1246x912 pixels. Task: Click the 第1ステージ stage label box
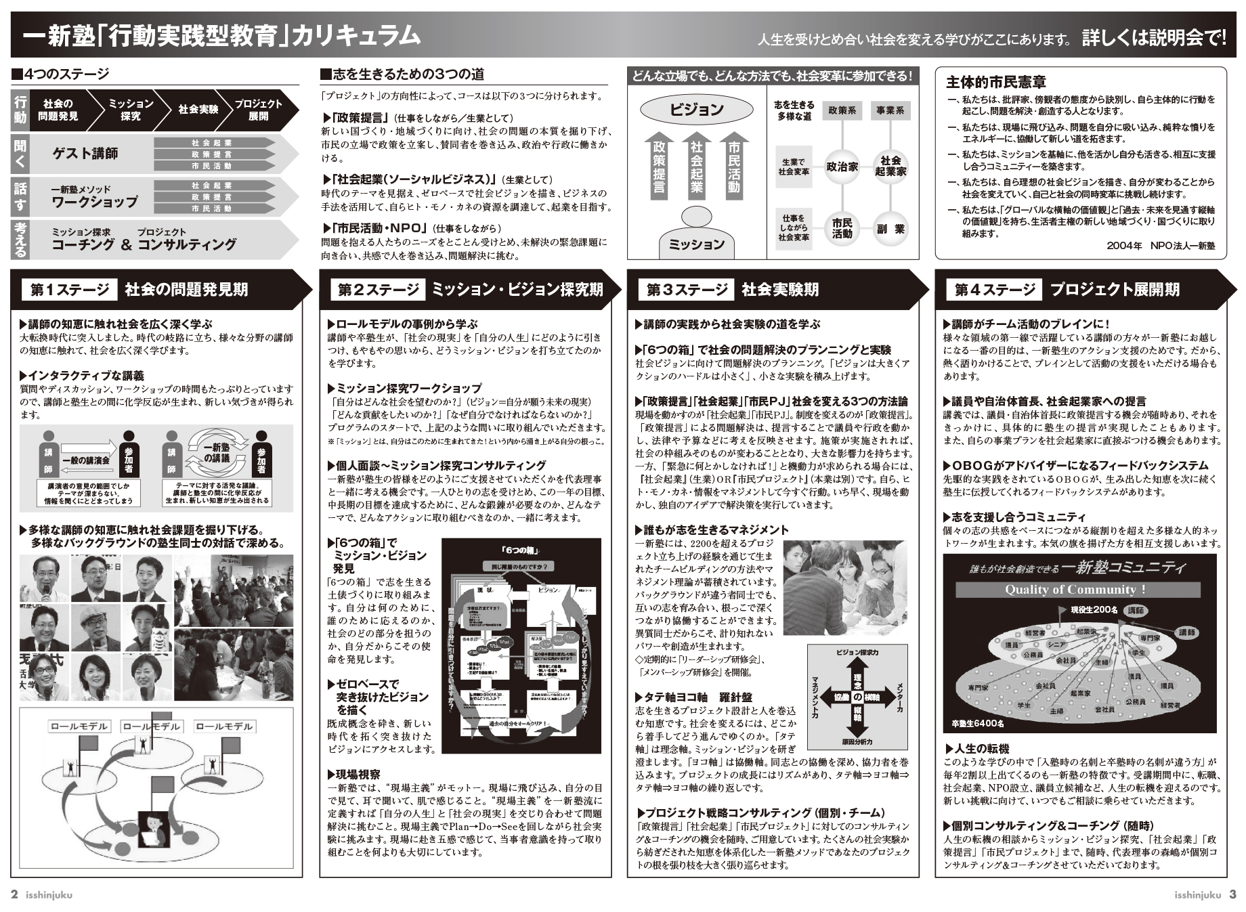(x=69, y=290)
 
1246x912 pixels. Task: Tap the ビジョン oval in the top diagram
(x=697, y=110)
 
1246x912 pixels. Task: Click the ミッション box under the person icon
(x=696, y=244)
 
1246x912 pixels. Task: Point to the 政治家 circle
(x=842, y=166)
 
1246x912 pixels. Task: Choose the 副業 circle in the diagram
(x=890, y=229)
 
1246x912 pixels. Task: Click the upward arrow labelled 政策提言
(x=658, y=166)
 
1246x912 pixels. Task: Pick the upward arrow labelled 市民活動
(x=734, y=166)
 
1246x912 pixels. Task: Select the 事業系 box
(x=890, y=110)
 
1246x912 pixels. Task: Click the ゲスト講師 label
(x=85, y=154)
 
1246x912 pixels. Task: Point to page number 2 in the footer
(x=14, y=894)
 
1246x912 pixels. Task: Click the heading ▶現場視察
(x=354, y=775)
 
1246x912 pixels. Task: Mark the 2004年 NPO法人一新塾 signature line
(x=1160, y=246)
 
